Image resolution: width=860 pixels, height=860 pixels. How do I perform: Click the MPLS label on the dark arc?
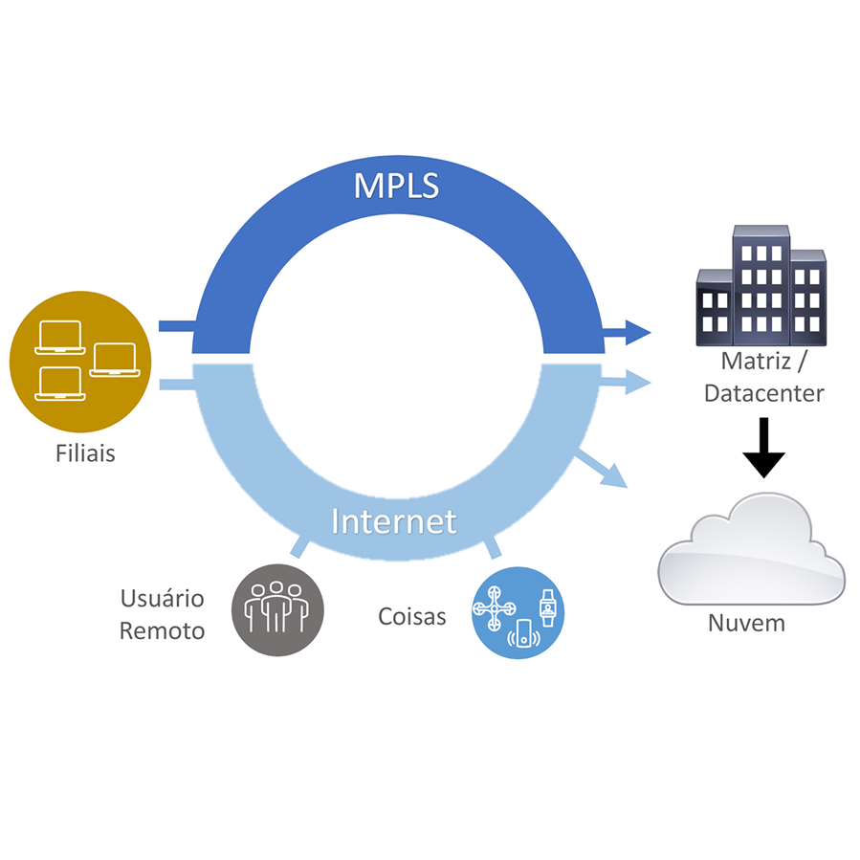[396, 185]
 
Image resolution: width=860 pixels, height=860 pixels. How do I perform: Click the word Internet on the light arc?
[393, 521]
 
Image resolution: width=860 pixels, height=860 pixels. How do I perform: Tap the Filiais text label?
[85, 452]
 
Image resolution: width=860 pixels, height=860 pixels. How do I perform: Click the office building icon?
[761, 286]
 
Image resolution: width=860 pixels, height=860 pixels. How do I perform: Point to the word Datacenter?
[763, 393]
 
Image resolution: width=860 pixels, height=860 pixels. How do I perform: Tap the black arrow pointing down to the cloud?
[764, 448]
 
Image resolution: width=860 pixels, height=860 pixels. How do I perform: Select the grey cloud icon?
[752, 549]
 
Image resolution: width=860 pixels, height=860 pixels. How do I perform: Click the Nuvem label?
[746, 623]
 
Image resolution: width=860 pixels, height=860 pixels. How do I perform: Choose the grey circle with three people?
[278, 609]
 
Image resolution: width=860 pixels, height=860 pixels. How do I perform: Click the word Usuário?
[162, 599]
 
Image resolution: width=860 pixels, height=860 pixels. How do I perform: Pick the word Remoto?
[162, 631]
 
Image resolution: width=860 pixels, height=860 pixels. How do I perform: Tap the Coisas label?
[411, 616]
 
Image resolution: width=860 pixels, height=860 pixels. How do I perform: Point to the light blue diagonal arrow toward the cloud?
[602, 469]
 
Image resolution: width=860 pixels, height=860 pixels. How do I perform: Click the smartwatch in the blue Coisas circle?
[547, 606]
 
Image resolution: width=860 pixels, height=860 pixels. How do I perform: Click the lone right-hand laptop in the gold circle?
[115, 359]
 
